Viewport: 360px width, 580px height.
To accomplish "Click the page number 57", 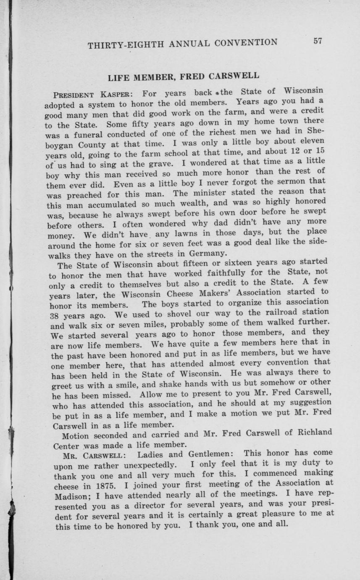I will click(x=317, y=41).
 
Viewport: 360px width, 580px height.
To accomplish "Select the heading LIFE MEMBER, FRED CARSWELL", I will click(x=183, y=77).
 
